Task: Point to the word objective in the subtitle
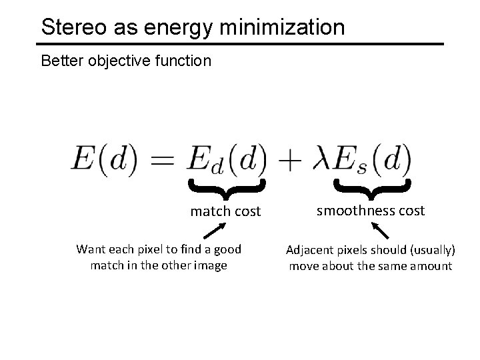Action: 113,62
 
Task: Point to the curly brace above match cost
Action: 227,187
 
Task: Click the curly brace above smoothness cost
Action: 371,187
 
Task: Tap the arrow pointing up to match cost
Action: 214,231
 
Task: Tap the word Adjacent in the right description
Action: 309,251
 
